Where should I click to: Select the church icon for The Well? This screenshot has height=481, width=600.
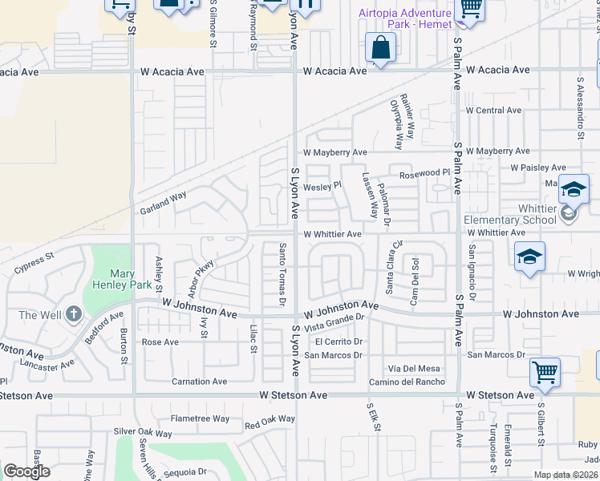pyautogui.click(x=74, y=314)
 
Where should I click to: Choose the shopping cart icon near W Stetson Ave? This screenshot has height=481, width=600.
pyautogui.click(x=545, y=371)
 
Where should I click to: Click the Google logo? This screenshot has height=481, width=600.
pyautogui.click(x=26, y=471)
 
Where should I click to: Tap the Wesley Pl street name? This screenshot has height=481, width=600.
pyautogui.click(x=322, y=185)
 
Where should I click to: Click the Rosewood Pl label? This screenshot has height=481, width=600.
pyautogui.click(x=424, y=173)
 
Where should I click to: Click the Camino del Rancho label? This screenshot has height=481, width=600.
pyautogui.click(x=406, y=382)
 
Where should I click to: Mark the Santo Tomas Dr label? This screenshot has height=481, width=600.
pyautogui.click(x=282, y=274)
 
